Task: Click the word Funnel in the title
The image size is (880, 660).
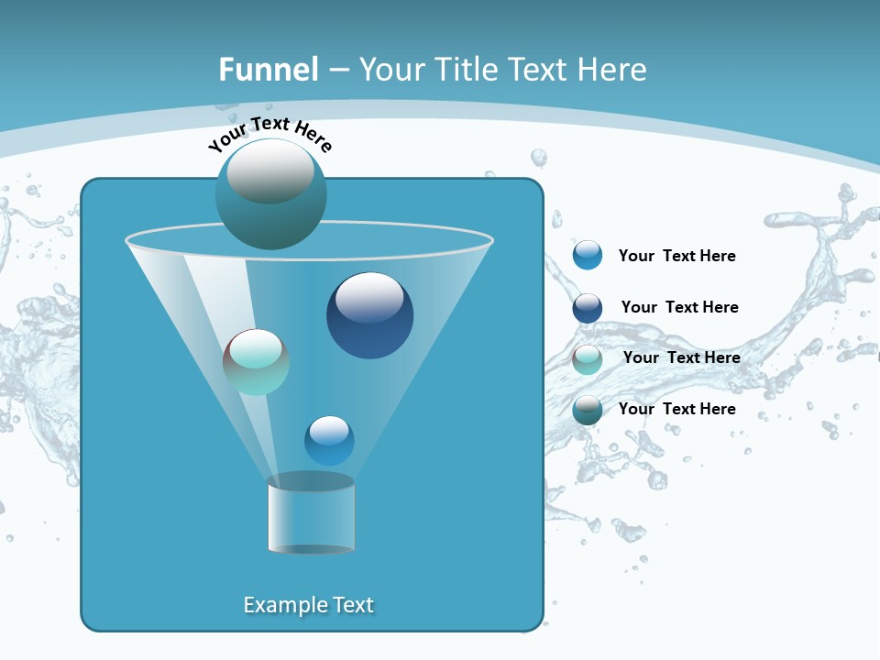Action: tap(268, 70)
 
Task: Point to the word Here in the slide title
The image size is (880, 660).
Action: tap(610, 70)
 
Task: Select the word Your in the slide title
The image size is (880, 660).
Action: tap(391, 70)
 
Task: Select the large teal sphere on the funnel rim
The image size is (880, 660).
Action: tap(270, 193)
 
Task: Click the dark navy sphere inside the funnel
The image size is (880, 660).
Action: tap(369, 315)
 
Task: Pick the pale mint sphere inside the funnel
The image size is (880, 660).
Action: tap(257, 361)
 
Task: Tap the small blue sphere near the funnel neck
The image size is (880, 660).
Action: tap(329, 440)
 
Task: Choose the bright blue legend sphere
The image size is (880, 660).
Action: tap(588, 256)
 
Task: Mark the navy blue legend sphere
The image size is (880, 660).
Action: tap(588, 307)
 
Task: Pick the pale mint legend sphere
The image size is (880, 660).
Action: tap(588, 358)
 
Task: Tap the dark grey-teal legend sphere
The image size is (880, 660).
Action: tap(588, 410)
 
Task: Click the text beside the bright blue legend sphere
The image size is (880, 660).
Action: tap(676, 257)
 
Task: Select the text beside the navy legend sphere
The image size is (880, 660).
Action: tap(679, 307)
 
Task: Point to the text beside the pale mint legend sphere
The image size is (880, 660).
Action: tap(681, 357)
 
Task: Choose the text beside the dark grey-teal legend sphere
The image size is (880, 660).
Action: tap(676, 409)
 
